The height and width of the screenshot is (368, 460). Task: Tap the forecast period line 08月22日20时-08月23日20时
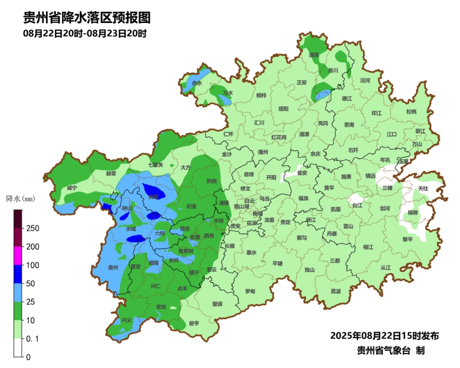coord(85,34)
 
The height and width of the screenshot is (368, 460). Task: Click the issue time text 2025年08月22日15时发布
coord(384,336)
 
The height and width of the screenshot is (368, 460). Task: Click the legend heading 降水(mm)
coord(20,199)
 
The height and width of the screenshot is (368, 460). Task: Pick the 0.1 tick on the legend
coord(33,339)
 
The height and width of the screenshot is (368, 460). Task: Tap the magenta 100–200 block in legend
coord(18,256)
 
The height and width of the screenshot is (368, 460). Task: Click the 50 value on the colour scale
coord(30,284)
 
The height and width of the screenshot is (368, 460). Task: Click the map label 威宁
coord(72,188)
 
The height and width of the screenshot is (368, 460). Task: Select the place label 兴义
coord(126,320)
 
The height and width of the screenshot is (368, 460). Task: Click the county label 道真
coord(314,55)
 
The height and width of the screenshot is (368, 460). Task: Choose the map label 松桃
coord(411,112)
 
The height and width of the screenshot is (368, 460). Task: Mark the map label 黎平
coord(408,239)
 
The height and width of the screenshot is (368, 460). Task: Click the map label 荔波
coord(336,291)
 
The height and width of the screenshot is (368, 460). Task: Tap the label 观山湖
coord(243,206)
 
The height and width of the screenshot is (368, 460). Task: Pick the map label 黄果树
coord(186,251)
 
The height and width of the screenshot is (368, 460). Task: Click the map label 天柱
coord(423,188)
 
